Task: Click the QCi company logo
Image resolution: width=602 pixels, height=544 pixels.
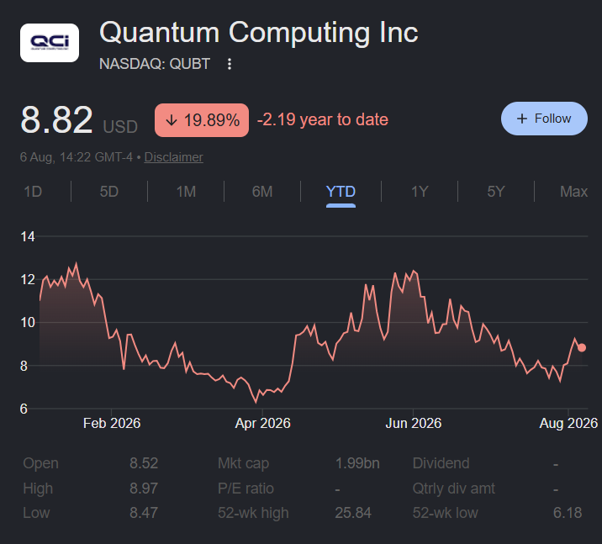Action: (x=50, y=43)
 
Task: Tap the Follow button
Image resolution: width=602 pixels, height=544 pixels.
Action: (x=544, y=119)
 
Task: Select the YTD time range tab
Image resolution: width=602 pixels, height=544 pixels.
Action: (x=341, y=191)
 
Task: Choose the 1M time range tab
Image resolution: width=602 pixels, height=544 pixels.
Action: (x=186, y=191)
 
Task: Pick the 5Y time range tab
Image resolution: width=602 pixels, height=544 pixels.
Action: (x=496, y=191)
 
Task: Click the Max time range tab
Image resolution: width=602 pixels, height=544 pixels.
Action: (x=573, y=191)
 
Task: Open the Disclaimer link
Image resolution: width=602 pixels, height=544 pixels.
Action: (x=173, y=157)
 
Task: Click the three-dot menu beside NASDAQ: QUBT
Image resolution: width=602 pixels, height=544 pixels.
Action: (x=230, y=64)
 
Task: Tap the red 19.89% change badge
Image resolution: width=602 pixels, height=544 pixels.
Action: (x=202, y=120)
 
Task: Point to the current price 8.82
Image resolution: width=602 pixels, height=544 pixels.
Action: (x=56, y=119)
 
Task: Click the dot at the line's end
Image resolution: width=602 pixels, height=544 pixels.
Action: (x=582, y=347)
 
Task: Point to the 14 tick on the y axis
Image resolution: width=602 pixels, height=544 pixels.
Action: (x=28, y=236)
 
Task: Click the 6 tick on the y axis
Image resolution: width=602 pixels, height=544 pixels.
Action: (x=24, y=409)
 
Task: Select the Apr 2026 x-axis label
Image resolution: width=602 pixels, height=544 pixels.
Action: (x=262, y=423)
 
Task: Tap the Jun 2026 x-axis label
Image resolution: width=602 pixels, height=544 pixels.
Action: (x=413, y=423)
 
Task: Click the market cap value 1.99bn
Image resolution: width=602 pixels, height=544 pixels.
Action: (x=357, y=463)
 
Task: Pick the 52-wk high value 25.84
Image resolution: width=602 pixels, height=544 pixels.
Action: (x=353, y=513)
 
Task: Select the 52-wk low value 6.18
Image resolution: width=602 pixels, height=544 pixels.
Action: (x=568, y=513)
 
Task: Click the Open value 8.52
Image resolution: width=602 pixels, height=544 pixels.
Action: (x=144, y=463)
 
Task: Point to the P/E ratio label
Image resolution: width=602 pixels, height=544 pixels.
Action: (x=246, y=489)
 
